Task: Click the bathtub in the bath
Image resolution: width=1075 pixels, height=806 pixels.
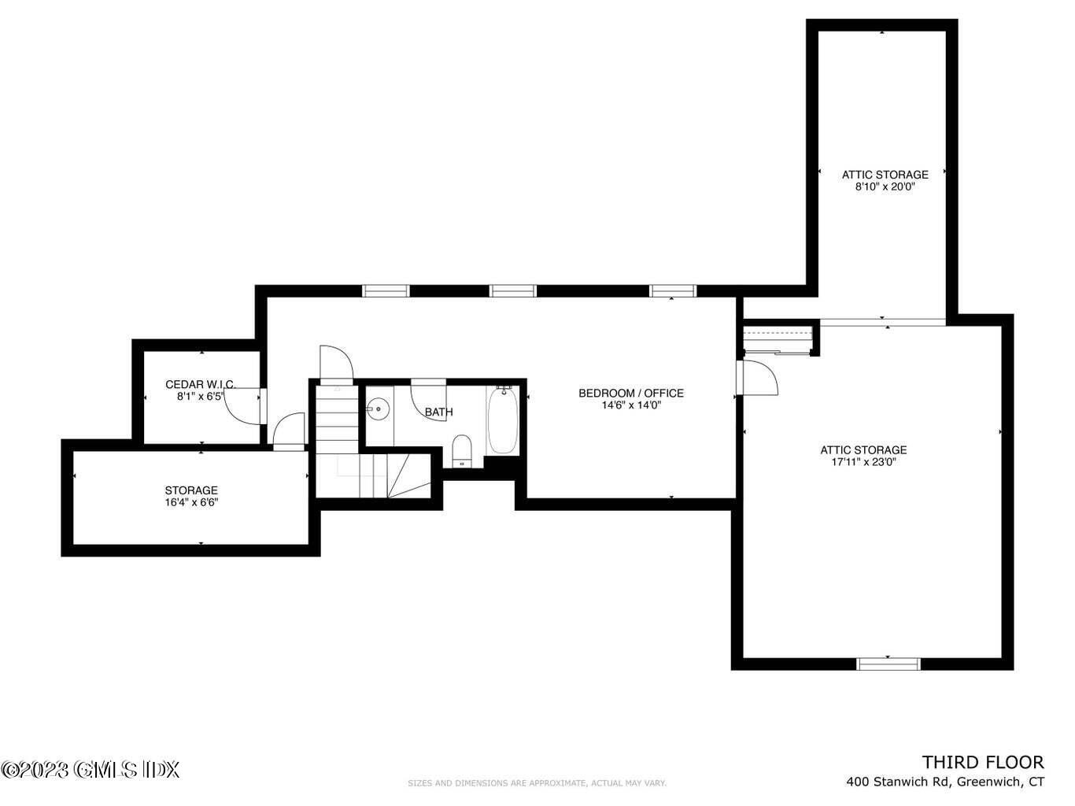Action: pos(503,420)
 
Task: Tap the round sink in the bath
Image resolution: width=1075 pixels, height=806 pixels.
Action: pos(378,409)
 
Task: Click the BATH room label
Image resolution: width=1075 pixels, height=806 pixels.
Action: pos(439,412)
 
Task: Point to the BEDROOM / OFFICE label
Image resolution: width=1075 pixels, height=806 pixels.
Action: pos(631,394)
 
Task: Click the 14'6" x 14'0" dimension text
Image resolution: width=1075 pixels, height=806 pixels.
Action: pos(631,405)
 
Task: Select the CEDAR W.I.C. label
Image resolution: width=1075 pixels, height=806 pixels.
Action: pos(201,385)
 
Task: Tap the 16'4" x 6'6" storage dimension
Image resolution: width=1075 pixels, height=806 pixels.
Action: pos(191,502)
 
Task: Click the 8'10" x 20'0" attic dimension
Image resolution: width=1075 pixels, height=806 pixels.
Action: pos(885,187)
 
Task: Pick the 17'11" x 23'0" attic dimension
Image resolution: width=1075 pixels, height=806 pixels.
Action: pos(863,462)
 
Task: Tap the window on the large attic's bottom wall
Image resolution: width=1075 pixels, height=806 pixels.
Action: pos(888,664)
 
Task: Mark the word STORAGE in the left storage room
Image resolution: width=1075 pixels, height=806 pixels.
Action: pos(191,490)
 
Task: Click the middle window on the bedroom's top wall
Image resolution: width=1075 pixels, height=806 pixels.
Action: pos(513,291)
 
